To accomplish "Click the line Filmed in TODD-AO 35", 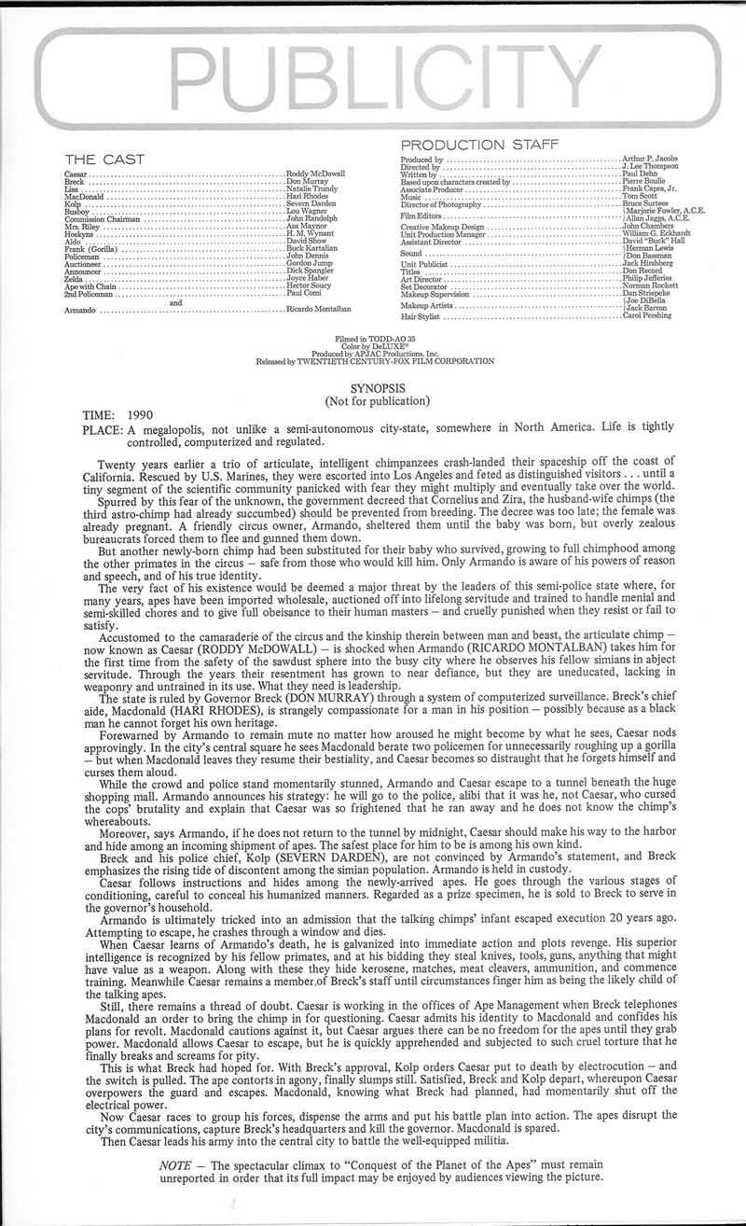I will (x=373, y=342).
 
